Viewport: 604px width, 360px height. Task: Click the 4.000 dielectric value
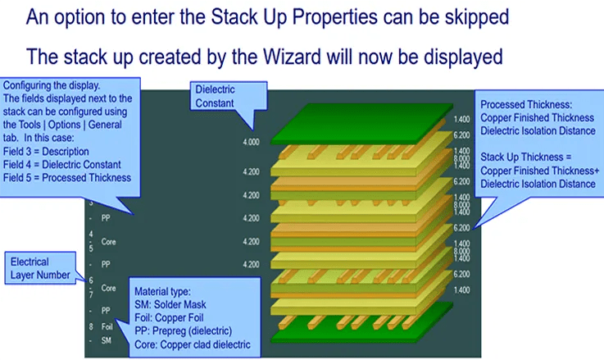(x=251, y=142)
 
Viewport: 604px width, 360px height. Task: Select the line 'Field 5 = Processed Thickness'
(x=66, y=177)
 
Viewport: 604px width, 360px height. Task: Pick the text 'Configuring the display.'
(x=51, y=86)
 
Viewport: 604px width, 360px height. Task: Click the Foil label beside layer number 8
(x=106, y=326)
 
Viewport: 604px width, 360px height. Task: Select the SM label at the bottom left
(x=105, y=339)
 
